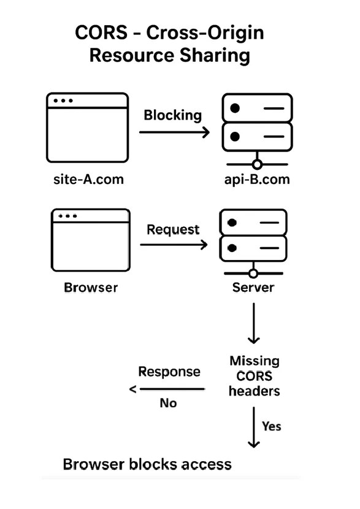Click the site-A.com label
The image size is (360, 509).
(88, 179)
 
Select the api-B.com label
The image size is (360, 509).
(257, 180)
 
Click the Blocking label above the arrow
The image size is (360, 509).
(172, 115)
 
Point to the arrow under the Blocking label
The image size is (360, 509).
(174, 132)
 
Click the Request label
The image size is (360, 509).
(173, 229)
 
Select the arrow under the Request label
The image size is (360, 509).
(174, 245)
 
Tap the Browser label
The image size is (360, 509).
(90, 287)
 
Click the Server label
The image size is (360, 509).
(253, 287)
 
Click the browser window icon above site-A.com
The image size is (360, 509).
(87, 126)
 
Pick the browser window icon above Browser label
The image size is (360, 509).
(91, 239)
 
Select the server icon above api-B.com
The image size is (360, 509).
(257, 129)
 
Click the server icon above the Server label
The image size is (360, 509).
(253, 243)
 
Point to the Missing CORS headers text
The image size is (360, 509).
(254, 375)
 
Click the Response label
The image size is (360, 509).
(169, 372)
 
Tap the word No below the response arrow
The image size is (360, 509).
(168, 404)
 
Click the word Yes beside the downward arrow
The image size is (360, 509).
(271, 426)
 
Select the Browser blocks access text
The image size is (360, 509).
(147, 464)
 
